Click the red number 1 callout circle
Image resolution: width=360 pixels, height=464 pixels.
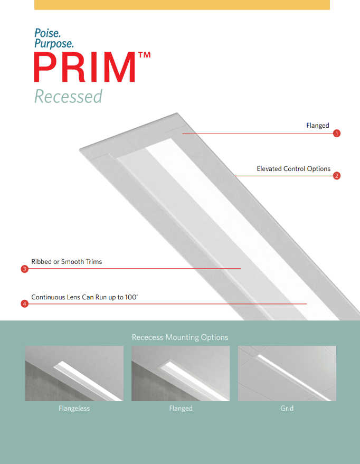click(337, 134)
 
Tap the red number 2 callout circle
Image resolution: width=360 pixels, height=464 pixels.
click(337, 176)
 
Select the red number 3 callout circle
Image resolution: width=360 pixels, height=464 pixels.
click(25, 269)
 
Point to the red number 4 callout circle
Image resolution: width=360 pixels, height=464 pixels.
click(25, 304)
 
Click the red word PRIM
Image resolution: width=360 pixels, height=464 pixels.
click(85, 67)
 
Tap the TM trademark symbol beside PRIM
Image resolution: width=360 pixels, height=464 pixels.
click(144, 55)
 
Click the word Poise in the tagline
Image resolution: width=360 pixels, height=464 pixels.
click(48, 33)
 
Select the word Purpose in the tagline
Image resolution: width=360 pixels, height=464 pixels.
click(54, 43)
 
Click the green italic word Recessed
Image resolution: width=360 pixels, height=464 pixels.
click(68, 96)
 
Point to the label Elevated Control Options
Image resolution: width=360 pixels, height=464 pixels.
click(293, 169)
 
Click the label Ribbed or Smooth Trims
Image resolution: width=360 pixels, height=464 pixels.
click(67, 262)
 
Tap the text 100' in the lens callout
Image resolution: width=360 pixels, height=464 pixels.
click(131, 297)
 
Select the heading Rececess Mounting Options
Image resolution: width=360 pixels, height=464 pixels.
click(180, 337)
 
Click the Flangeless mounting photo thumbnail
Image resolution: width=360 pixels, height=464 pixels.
click(74, 373)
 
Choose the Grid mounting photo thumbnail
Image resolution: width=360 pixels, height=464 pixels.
click(287, 373)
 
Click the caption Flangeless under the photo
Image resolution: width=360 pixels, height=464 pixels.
click(74, 409)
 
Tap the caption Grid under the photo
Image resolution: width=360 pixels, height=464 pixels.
click(287, 409)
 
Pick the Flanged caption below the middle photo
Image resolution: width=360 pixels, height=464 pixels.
click(181, 409)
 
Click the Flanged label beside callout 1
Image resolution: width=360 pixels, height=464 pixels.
click(318, 126)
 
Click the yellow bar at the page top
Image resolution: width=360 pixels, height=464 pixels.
click(182, 5)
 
